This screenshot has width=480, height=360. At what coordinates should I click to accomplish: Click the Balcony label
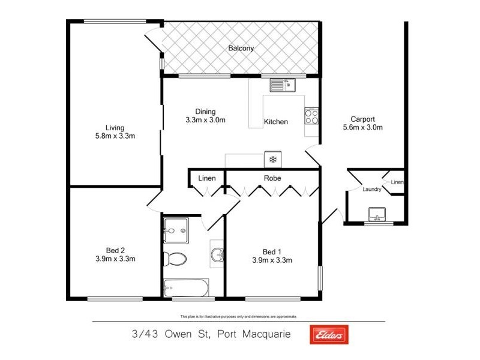[241, 49]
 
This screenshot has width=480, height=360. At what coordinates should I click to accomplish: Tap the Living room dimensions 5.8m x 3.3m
[115, 136]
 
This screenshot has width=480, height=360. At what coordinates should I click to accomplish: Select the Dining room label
[205, 111]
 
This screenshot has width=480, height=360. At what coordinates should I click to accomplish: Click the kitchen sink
[282, 85]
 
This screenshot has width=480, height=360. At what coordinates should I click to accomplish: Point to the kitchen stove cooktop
[311, 115]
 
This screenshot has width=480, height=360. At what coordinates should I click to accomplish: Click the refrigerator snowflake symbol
[273, 160]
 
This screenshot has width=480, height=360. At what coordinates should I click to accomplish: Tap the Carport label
[362, 119]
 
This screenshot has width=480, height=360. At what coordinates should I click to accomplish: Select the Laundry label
[372, 190]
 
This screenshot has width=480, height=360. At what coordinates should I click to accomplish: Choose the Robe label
[273, 178]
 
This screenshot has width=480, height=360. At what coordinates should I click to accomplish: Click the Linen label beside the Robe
[207, 178]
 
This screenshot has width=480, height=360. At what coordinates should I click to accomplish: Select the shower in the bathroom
[175, 230]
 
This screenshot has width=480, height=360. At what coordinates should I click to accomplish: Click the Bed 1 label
[272, 251]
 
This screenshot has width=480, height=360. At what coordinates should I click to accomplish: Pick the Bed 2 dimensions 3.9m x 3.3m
[115, 259]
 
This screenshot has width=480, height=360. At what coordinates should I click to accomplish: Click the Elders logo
[328, 335]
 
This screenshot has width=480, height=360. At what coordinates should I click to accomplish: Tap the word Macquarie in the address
[265, 334]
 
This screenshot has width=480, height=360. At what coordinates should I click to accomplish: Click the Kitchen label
[276, 122]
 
